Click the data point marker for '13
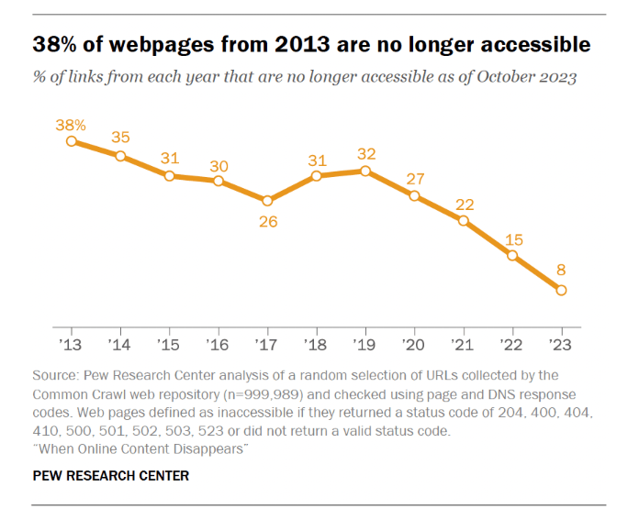point(72,140)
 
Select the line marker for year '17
point(267,201)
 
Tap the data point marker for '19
point(365,171)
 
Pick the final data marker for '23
point(561,290)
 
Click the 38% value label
point(73,123)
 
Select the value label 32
point(365,153)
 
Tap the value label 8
point(561,271)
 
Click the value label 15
point(512,240)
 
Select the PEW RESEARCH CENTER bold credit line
point(111,475)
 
